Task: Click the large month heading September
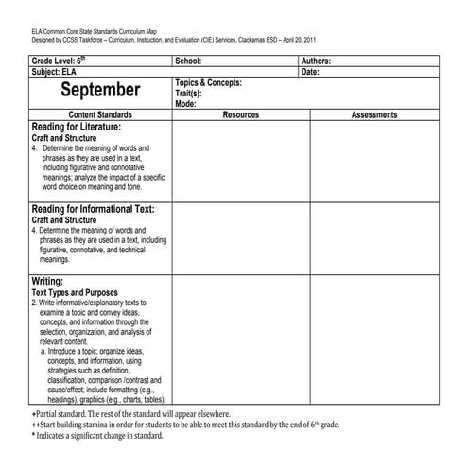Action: (x=100, y=91)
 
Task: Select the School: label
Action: (x=189, y=60)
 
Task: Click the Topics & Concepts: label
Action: (x=209, y=82)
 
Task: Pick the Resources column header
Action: (x=240, y=114)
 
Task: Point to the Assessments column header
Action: (x=379, y=114)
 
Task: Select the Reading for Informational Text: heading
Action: (x=93, y=209)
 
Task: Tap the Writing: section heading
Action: (x=48, y=281)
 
